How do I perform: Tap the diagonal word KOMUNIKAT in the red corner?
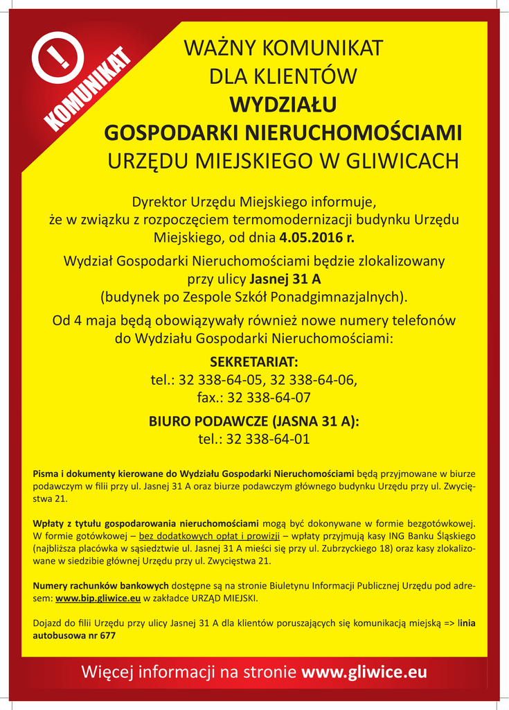[89, 88]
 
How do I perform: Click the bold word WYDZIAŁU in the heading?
[283, 104]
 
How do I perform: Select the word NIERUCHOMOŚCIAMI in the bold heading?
[353, 132]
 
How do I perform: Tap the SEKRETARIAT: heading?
[254, 362]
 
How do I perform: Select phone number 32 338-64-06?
[313, 380]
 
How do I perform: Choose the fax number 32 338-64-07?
[269, 398]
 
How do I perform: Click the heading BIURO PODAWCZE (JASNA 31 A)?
[254, 422]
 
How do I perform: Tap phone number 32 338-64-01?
[268, 440]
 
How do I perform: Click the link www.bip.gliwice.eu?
[98, 597]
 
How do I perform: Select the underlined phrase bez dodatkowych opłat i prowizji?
[209, 536]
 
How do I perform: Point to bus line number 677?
[108, 635]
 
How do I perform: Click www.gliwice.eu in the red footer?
[364, 672]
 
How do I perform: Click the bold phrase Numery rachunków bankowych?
[100, 585]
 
